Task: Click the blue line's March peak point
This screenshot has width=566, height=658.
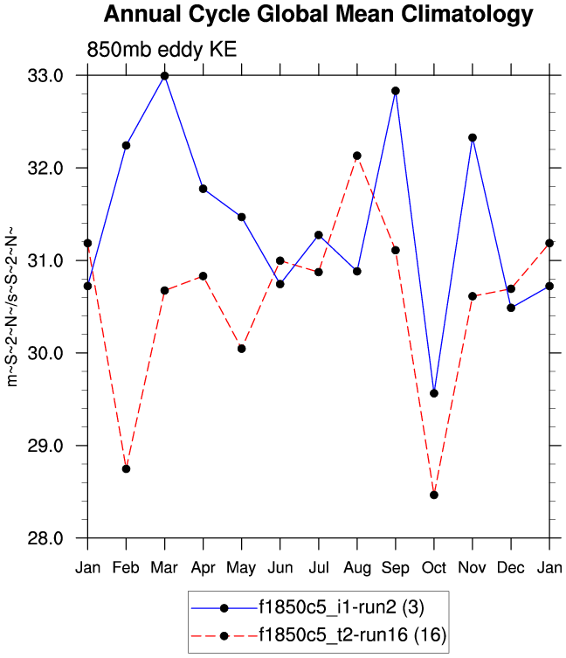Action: point(164,76)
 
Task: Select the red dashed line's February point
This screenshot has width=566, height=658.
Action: point(126,469)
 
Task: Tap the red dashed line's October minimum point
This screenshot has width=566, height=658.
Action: point(434,495)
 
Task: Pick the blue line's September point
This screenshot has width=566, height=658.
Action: point(396,91)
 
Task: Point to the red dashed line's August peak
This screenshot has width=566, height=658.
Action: point(356,156)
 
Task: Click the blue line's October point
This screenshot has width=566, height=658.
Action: point(434,393)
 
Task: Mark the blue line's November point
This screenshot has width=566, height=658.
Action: point(473,137)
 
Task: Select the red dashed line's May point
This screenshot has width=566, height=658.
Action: point(241,349)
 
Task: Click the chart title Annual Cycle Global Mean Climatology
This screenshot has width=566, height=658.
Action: point(318,15)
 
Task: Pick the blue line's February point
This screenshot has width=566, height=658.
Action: point(126,145)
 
